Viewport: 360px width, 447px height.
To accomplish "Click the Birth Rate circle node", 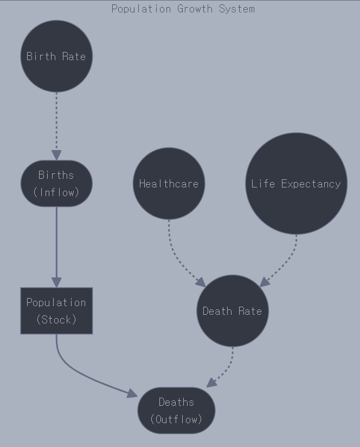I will (56, 56).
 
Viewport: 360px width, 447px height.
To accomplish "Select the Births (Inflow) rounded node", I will (56, 183).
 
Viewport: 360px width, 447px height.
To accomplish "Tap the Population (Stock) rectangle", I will (56, 310).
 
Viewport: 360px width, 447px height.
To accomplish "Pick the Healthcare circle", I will (169, 184).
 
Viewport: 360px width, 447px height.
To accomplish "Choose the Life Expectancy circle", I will (296, 184).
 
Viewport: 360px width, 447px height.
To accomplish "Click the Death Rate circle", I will (232, 311).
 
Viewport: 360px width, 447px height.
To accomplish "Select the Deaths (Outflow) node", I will (176, 410).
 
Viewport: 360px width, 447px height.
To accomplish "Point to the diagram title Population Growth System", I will (183, 9).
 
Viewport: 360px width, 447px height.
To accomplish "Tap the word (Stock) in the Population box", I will (56, 319).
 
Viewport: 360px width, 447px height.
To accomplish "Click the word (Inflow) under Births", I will (56, 192).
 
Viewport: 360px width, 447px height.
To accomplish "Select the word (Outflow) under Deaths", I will (176, 419).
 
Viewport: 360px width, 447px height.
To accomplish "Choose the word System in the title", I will (237, 9).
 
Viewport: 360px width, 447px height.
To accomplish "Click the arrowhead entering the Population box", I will (56, 282).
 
